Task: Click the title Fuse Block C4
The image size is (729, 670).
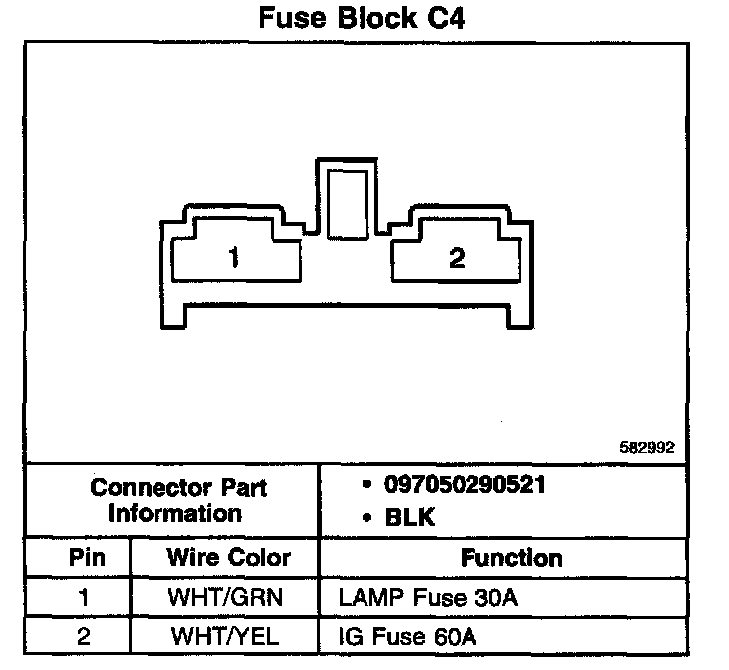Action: (361, 19)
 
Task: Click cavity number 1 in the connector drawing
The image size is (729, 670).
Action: (234, 259)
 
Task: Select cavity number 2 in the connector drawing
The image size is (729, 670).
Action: (457, 259)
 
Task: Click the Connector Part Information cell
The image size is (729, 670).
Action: (179, 501)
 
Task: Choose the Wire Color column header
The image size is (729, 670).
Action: (229, 557)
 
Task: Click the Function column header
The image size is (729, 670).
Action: (511, 558)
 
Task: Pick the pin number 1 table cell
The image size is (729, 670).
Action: (84, 598)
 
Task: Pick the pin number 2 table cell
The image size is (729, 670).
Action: (84, 636)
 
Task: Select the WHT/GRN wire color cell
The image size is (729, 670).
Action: (229, 598)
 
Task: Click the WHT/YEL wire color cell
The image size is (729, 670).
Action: (229, 636)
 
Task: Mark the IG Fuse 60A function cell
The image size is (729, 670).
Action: (407, 636)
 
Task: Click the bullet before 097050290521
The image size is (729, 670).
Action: (366, 486)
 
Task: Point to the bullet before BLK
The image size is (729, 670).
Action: (366, 516)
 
